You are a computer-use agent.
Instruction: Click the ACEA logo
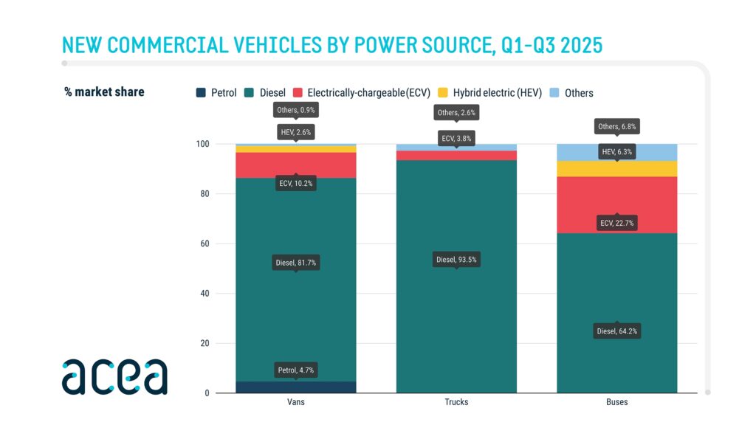(114, 376)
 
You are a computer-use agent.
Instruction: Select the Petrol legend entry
(216, 93)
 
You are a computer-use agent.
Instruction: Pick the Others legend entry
(573, 93)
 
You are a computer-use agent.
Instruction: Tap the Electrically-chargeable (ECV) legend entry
(362, 93)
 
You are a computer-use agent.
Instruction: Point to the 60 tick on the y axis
(206, 243)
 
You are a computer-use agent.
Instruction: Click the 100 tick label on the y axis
(203, 144)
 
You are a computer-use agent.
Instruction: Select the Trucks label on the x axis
(456, 402)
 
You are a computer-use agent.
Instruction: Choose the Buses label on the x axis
(616, 402)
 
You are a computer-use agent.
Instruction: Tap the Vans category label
(296, 402)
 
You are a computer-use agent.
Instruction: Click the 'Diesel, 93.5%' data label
(456, 260)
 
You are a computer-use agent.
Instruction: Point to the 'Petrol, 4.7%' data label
(296, 370)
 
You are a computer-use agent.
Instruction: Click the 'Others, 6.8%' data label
(616, 127)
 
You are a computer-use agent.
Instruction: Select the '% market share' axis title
(104, 92)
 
